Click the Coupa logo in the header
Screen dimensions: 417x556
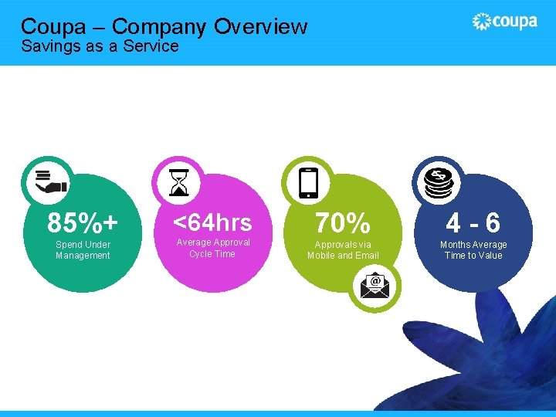point(505,22)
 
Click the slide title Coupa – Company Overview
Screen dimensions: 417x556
point(164,26)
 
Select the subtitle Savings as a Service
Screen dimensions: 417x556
point(100,46)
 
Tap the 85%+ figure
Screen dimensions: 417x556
point(83,223)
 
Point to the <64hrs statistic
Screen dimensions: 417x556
point(212,222)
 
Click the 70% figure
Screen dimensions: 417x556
point(342,223)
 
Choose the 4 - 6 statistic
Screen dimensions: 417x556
point(473,223)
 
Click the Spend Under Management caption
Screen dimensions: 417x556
point(83,250)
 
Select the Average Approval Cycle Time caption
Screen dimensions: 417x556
point(212,248)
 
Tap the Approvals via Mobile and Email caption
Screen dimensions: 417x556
point(343,250)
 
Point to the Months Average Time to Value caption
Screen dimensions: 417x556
point(473,250)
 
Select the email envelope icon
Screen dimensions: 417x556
point(375,287)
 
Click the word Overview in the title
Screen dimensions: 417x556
point(260,26)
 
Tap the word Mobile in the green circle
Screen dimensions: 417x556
point(320,256)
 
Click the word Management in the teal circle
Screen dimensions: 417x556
point(83,256)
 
